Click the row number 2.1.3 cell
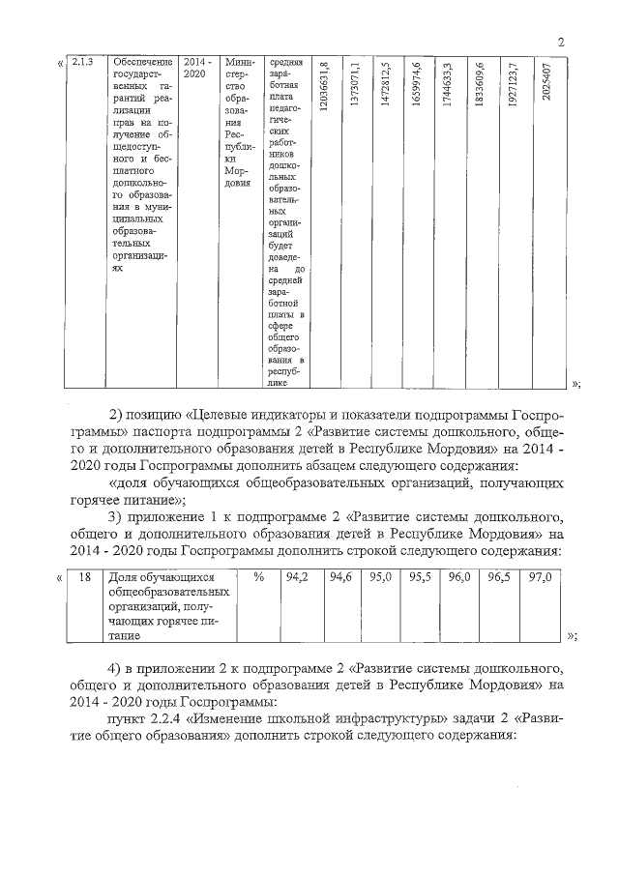click(x=82, y=64)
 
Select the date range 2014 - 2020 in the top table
click(x=196, y=70)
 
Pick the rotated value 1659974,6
click(x=416, y=88)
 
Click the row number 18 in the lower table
click(x=84, y=577)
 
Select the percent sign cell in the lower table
click(x=258, y=577)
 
